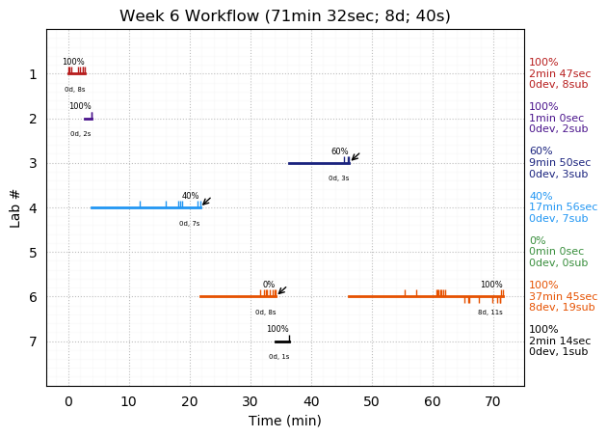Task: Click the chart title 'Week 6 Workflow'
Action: (284, 16)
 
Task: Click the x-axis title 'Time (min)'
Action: (284, 421)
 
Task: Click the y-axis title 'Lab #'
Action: (15, 207)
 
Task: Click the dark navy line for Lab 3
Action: (318, 163)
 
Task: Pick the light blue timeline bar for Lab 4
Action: (145, 207)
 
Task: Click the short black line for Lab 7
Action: (281, 341)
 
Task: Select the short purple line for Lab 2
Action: (88, 119)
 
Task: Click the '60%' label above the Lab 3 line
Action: (339, 151)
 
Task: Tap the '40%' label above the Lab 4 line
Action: (191, 196)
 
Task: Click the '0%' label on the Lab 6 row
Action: (269, 285)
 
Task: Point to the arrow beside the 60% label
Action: (355, 156)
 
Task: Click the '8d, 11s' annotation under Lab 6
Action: (490, 313)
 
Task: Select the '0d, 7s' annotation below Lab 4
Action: (189, 224)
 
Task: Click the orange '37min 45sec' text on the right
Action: (563, 297)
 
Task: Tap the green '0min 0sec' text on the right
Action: (559, 252)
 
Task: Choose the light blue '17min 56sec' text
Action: (563, 207)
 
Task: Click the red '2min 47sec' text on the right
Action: (560, 74)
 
